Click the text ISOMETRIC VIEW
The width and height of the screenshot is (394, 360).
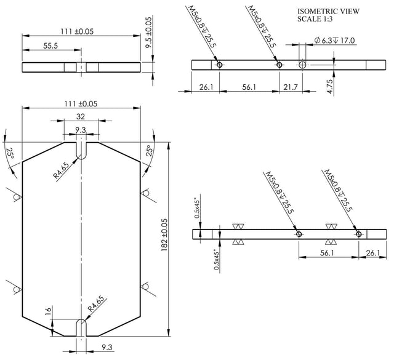point(328,11)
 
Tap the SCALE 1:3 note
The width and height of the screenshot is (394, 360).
point(315,19)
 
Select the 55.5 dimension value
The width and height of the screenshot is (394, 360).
point(50,46)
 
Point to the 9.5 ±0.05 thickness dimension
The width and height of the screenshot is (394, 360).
point(148,33)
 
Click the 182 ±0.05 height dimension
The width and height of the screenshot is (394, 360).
point(164,234)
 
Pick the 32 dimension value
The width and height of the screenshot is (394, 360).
point(81,116)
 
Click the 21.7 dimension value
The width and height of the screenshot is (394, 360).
point(291,87)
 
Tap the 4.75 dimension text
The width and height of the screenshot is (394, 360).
point(331,86)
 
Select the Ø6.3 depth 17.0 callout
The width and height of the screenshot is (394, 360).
point(334,40)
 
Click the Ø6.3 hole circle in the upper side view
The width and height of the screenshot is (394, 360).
point(302,65)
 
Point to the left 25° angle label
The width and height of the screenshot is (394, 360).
point(10,153)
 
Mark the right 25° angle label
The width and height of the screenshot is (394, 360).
point(149,151)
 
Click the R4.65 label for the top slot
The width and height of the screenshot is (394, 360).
point(61,170)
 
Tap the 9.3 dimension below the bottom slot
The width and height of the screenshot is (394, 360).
point(107,348)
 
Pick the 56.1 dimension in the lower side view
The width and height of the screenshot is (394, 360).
point(327,253)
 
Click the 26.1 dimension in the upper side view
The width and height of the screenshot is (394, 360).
point(206,87)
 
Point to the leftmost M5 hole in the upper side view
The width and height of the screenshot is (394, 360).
point(219,65)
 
